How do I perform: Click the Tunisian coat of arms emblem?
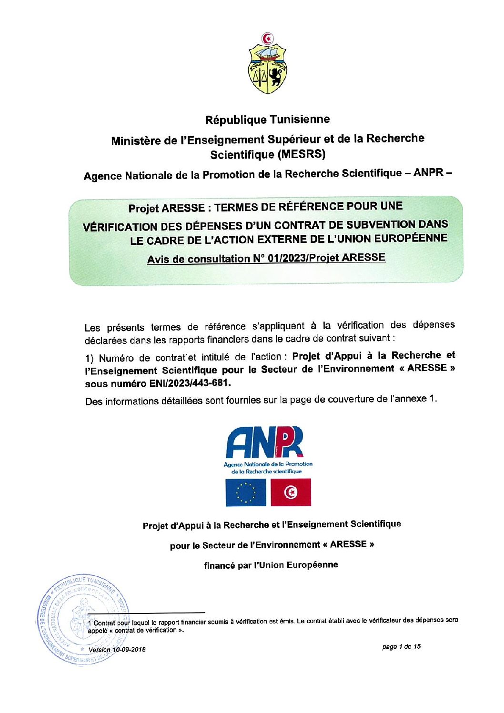tap(267, 63)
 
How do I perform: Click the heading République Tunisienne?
tap(267, 120)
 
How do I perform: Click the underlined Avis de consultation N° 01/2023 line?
tap(266, 259)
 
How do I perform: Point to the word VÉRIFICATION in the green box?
tap(120, 227)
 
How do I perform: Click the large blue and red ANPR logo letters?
tap(264, 442)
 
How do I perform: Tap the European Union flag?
tap(246, 492)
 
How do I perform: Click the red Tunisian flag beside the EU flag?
tap(291, 492)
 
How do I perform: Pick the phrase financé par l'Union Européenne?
tap(271, 565)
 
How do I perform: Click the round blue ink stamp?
tap(81, 619)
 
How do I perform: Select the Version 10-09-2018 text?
tap(117, 650)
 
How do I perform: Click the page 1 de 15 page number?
tap(401, 647)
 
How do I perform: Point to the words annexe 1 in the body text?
tap(419, 399)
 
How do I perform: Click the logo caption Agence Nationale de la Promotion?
tap(268, 464)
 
